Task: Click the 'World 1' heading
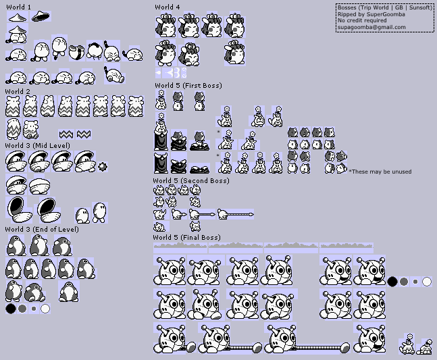18,7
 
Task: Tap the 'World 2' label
18,91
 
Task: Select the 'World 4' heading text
168,7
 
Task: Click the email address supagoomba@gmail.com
371,27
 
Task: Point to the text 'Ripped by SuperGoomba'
371,14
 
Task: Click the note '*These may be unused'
380,172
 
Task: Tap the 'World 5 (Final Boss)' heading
186,237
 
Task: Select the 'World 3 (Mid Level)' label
38,145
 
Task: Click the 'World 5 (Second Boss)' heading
191,180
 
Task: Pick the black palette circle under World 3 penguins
11,309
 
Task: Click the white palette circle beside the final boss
427,282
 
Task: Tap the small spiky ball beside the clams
103,167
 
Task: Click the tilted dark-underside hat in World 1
41,16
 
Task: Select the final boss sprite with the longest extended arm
307,340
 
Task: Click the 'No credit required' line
362,21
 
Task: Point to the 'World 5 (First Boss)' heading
188,85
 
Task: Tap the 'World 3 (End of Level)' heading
42,230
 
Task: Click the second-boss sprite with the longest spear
236,215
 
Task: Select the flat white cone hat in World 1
18,18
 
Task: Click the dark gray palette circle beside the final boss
403,282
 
